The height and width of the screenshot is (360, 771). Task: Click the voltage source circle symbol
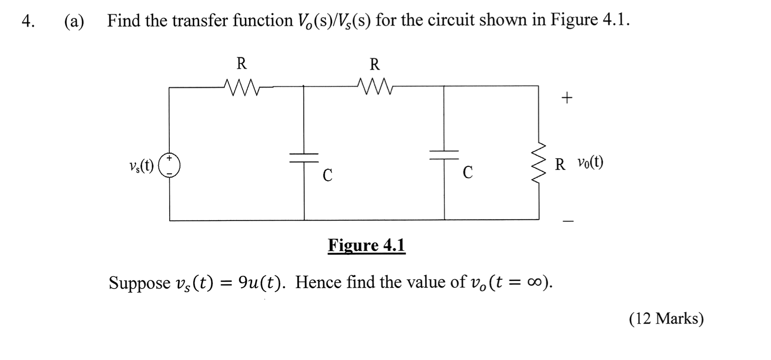pos(169,165)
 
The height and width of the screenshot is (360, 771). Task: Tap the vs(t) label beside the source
pos(141,165)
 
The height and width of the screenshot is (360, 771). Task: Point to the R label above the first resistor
pos(241,64)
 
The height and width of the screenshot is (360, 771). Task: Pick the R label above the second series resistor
pos(374,65)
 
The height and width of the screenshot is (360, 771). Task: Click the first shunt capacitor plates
pos(304,157)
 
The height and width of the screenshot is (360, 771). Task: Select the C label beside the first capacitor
pos(327,175)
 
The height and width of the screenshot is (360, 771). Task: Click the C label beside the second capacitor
pos(468,172)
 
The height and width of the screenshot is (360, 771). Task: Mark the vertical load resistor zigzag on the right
pos(539,162)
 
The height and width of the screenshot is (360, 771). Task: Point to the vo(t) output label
pos(590,162)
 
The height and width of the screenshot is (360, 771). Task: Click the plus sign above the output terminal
pos(567,98)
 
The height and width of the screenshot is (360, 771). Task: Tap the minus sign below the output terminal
pos(568,221)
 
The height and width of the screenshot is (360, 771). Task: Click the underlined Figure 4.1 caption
pos(366,245)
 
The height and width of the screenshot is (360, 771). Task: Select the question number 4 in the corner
pos(28,21)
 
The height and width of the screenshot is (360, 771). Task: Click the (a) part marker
pos(74,21)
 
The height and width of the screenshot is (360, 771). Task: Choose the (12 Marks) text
pos(666,319)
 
